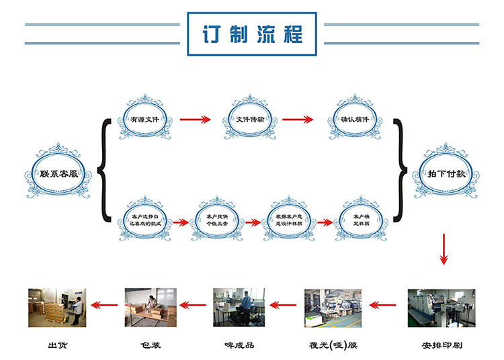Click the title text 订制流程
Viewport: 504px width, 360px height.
pos(252,34)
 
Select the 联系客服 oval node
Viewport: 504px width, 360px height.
pos(58,173)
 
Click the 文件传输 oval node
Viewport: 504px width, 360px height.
pos(250,120)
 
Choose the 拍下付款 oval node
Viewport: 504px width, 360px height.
pos(447,174)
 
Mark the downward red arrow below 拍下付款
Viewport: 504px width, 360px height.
pos(444,249)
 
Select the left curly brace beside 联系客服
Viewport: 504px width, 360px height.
pos(103,171)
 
